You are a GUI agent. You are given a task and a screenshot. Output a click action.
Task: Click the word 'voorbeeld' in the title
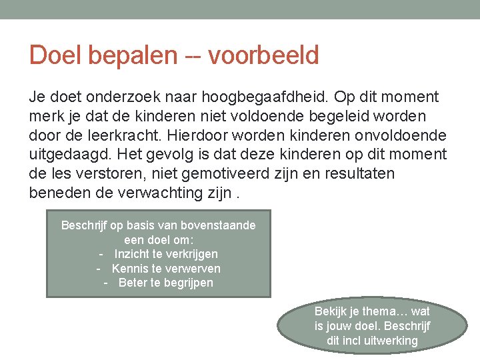click(x=264, y=55)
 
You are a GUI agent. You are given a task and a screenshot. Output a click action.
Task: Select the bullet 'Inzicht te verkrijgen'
click(x=165, y=254)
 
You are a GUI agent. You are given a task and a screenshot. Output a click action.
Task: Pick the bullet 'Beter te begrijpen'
click(x=165, y=283)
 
